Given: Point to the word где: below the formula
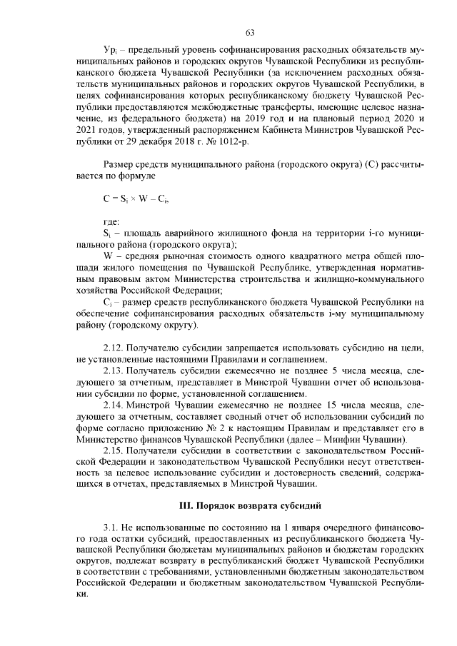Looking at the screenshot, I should pyautogui.click(x=112, y=222).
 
